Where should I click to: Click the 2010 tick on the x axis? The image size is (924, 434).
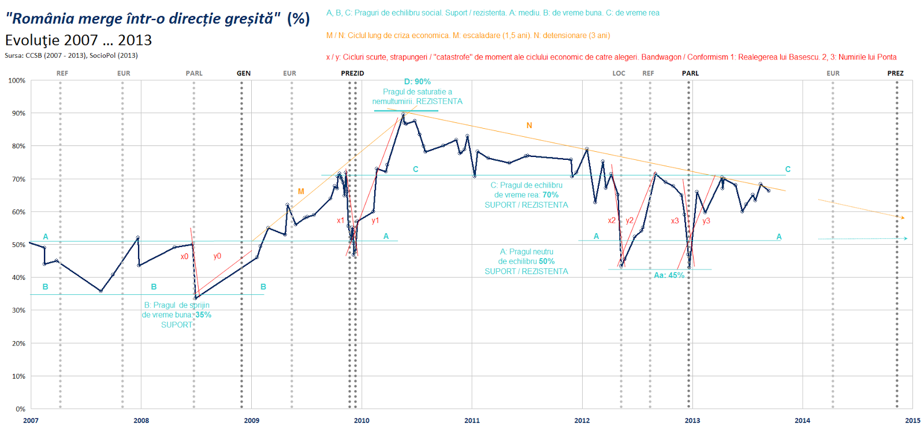[362, 420]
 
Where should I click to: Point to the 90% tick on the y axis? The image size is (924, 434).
[18, 114]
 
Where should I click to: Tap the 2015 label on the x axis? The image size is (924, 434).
[912, 420]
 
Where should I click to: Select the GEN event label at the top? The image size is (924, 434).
[244, 73]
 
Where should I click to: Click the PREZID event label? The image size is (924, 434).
[352, 73]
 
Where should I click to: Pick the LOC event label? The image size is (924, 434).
[619, 73]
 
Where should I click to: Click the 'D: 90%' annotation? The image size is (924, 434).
[417, 82]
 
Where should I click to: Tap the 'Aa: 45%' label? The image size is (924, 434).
[669, 275]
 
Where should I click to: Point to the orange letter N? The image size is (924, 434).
[529, 125]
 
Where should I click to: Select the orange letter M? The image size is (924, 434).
[301, 192]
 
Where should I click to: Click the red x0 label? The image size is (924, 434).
[184, 257]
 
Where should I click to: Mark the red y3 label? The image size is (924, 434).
[706, 221]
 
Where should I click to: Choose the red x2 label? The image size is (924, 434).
[612, 220]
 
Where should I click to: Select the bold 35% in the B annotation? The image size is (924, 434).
[203, 315]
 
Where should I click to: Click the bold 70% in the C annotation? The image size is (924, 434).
[550, 195]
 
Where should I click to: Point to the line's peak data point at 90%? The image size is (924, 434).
[403, 114]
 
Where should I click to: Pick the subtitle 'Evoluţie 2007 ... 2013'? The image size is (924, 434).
[79, 40]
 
